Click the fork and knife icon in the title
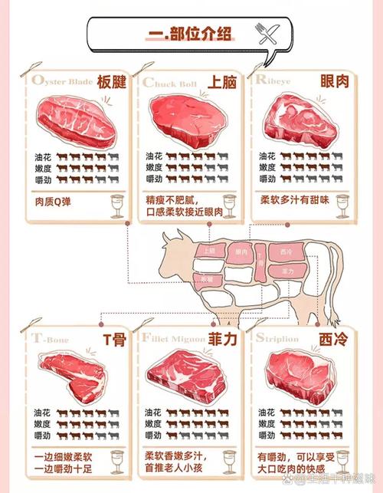coord(265,31)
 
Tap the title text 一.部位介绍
coord(191,33)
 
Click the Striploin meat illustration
coord(302,374)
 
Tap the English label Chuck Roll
coord(169,82)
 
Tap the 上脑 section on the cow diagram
coord(209,251)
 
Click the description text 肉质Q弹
coord(58,204)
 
